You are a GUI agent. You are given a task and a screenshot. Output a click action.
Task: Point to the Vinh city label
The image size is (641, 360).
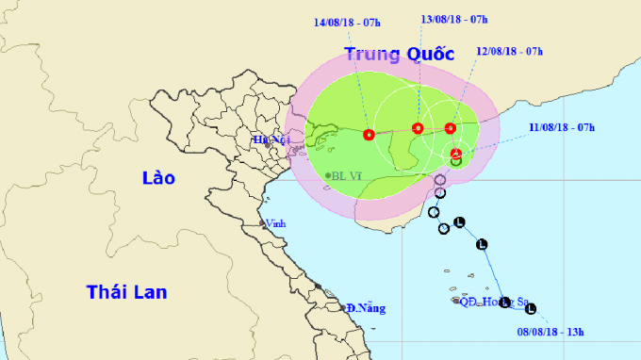click(x=276, y=223)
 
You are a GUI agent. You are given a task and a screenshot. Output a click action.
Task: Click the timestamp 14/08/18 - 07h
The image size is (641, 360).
click(x=348, y=19)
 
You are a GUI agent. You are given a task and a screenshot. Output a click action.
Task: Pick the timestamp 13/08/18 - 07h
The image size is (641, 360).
click(x=452, y=19)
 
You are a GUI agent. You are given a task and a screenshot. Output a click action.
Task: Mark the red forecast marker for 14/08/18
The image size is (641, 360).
click(x=369, y=135)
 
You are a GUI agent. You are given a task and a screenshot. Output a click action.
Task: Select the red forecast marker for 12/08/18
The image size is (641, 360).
click(x=450, y=128)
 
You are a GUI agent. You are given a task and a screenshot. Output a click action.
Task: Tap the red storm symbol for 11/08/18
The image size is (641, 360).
click(x=456, y=154)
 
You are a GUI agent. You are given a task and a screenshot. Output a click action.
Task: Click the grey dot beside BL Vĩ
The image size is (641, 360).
click(x=328, y=176)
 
